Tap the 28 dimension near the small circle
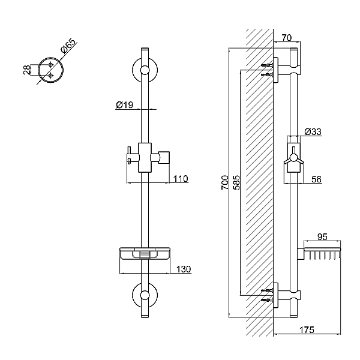click(26, 70)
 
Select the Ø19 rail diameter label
click(124, 105)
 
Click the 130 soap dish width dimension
click(183, 269)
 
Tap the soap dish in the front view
click(144, 254)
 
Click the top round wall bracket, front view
click(144, 71)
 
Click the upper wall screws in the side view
click(268, 69)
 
